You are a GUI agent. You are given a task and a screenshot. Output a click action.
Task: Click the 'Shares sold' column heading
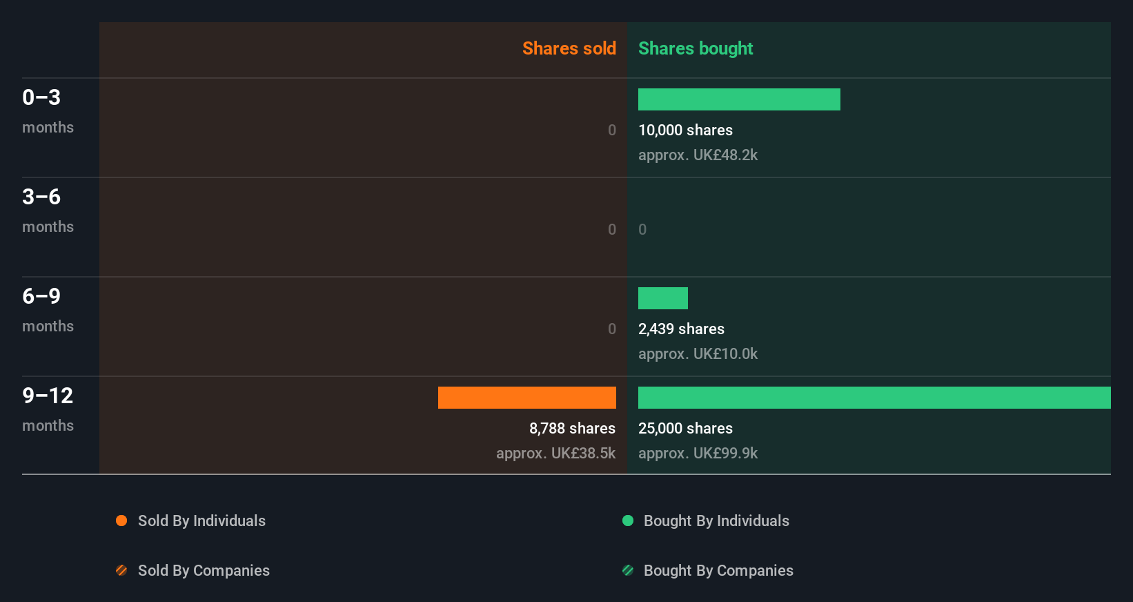pyautogui.click(x=569, y=48)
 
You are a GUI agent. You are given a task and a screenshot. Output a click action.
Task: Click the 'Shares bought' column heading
pyautogui.click(x=695, y=48)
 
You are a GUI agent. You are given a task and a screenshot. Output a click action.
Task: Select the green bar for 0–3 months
pyautogui.click(x=739, y=99)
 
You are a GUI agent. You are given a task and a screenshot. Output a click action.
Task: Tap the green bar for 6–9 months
pyautogui.click(x=662, y=298)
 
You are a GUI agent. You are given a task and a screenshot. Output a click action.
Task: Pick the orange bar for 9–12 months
pyautogui.click(x=526, y=398)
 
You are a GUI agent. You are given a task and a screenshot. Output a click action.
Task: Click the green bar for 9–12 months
pyautogui.click(x=874, y=398)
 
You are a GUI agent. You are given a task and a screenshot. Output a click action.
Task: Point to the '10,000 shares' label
pyautogui.click(x=685, y=130)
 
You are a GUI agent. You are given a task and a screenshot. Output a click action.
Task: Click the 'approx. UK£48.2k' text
pyautogui.click(x=698, y=155)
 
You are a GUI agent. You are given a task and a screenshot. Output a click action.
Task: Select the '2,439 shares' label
pyautogui.click(x=681, y=329)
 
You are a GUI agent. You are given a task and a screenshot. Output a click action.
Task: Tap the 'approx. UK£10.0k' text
pyautogui.click(x=698, y=354)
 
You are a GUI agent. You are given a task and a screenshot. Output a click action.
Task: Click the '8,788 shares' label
pyautogui.click(x=572, y=429)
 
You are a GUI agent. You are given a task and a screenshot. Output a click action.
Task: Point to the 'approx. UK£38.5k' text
pyautogui.click(x=555, y=454)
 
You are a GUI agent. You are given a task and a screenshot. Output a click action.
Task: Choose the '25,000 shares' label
pyautogui.click(x=685, y=429)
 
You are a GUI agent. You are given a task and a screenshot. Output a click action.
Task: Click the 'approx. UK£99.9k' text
pyautogui.click(x=698, y=454)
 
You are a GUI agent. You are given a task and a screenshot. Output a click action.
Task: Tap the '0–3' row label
pyautogui.click(x=41, y=97)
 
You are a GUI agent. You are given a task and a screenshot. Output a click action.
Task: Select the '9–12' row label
pyautogui.click(x=48, y=396)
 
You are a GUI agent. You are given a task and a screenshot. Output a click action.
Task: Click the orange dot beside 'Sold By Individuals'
pyautogui.click(x=121, y=521)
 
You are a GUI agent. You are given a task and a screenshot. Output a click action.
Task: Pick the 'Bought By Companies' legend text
pyautogui.click(x=718, y=571)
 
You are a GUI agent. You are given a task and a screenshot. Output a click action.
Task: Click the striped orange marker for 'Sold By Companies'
pyautogui.click(x=121, y=570)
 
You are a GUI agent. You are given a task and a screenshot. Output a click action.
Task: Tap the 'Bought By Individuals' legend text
pyautogui.click(x=716, y=521)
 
